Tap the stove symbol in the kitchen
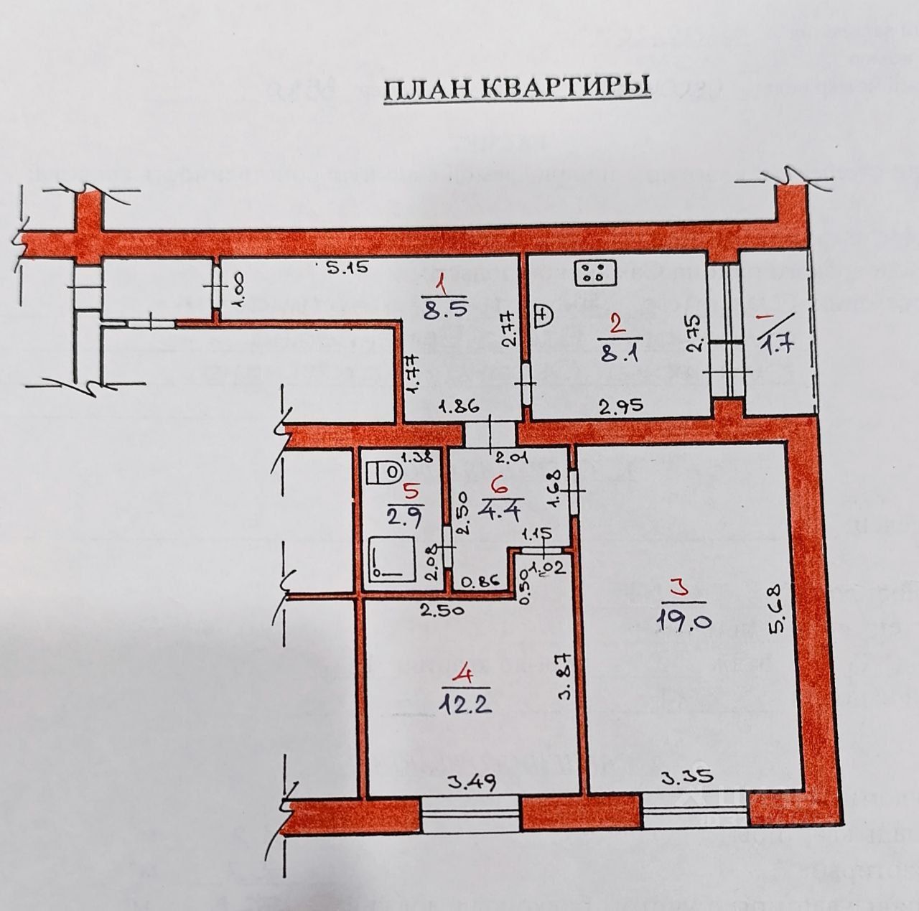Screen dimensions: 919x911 [592, 273]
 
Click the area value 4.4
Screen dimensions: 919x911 [507, 503]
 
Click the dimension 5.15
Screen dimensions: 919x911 [347, 269]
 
